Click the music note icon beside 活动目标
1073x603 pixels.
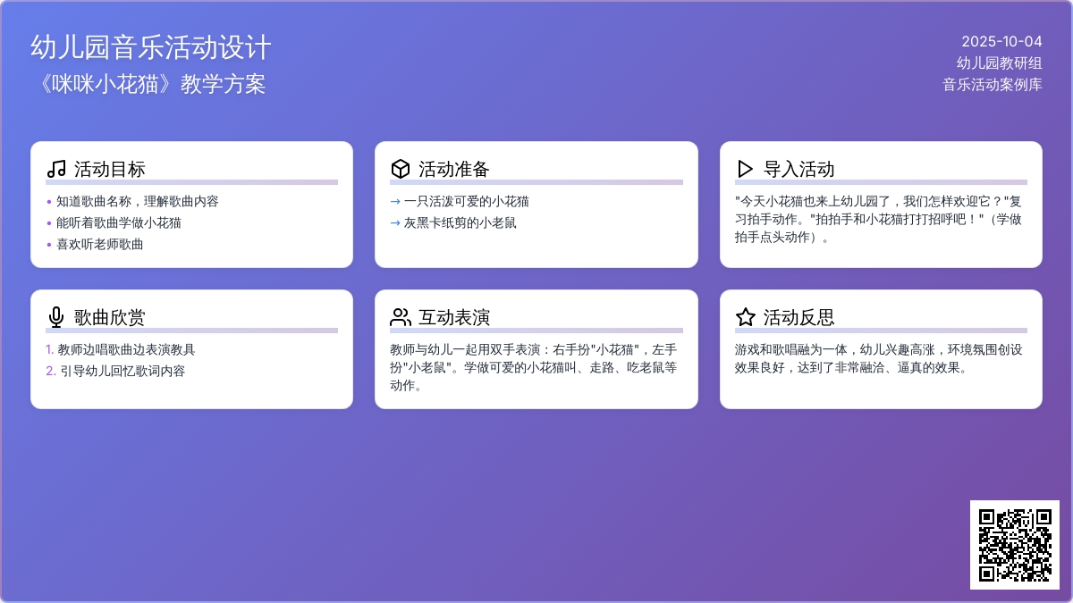(x=56, y=169)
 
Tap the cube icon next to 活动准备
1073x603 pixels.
(x=401, y=169)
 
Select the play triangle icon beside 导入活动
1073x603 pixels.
(x=745, y=169)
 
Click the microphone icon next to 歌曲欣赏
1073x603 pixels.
(x=56, y=317)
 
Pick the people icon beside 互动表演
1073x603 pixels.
(x=401, y=317)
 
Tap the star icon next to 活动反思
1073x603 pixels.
(x=746, y=317)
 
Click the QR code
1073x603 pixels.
(x=1015, y=545)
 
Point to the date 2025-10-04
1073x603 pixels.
(x=1001, y=42)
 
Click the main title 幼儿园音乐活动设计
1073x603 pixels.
(x=151, y=47)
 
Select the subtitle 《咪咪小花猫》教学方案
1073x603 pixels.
(x=151, y=84)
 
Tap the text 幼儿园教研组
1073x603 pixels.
(x=1000, y=63)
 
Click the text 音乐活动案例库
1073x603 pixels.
(x=992, y=85)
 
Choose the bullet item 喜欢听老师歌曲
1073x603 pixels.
(x=99, y=245)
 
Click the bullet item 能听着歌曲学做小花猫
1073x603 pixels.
(x=119, y=223)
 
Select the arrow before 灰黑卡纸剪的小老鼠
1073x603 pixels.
(x=395, y=223)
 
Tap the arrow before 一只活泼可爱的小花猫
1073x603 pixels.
(x=395, y=202)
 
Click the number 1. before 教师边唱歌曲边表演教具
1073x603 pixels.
(x=49, y=350)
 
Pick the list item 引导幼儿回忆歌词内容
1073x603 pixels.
(x=123, y=372)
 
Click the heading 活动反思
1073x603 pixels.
(x=798, y=317)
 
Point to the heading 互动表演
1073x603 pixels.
(x=454, y=317)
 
